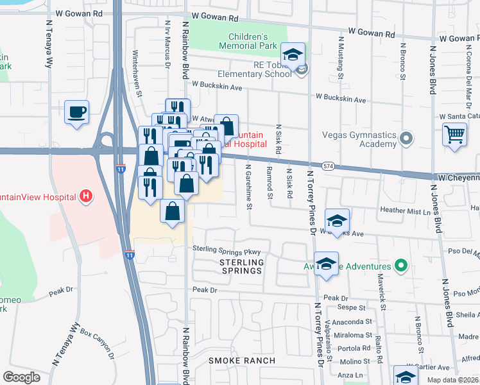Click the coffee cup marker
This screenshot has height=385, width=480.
pos(76,112)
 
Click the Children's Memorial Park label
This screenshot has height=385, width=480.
pos(248,41)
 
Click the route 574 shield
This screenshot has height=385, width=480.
pos(328,166)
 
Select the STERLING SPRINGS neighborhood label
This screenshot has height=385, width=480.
pos(241,266)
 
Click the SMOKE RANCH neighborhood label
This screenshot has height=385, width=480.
pos(241,361)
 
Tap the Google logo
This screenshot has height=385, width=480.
pos(21,377)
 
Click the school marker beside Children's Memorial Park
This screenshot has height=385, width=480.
pos(293,55)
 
